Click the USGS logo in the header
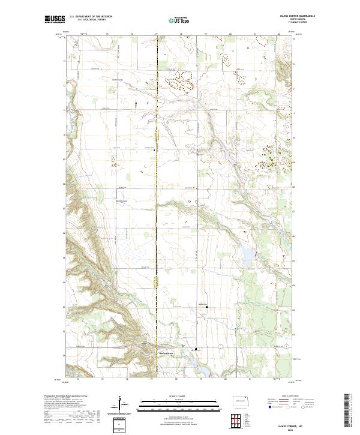click(x=55, y=19)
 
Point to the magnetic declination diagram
click(x=124, y=404)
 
